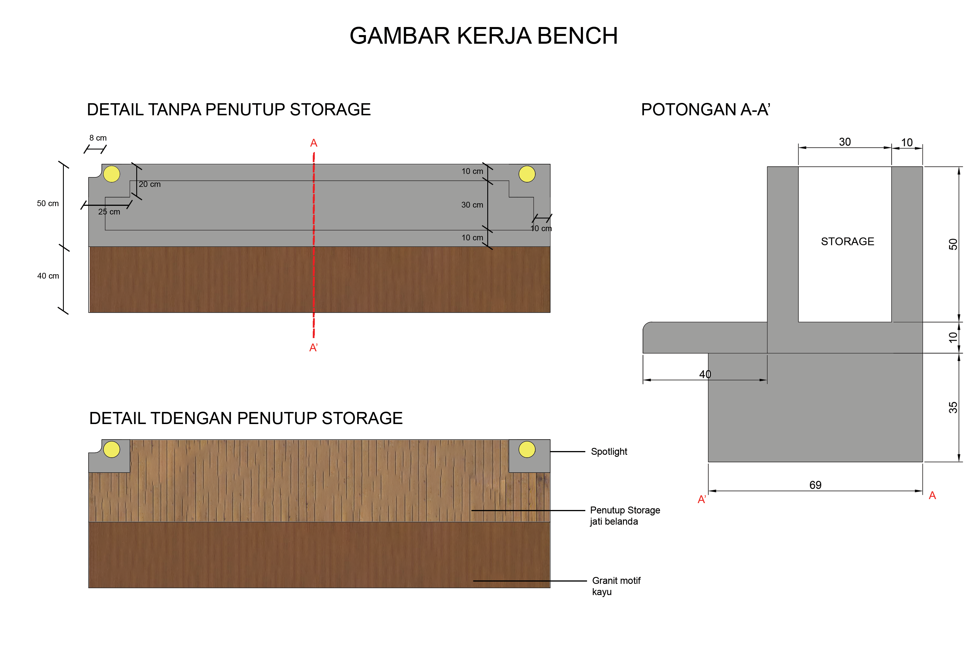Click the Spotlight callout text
[x=609, y=452]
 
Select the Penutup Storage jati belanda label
[x=625, y=516]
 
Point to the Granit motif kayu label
[x=616, y=586]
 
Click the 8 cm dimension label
[x=98, y=138]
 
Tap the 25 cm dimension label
[x=109, y=212]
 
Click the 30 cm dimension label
[x=472, y=205]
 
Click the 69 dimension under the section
[x=815, y=485]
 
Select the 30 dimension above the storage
[x=845, y=142]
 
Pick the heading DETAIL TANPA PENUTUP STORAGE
[x=229, y=110]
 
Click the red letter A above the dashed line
[x=314, y=143]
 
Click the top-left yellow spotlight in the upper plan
[x=112, y=174]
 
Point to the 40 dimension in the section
[x=705, y=374]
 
